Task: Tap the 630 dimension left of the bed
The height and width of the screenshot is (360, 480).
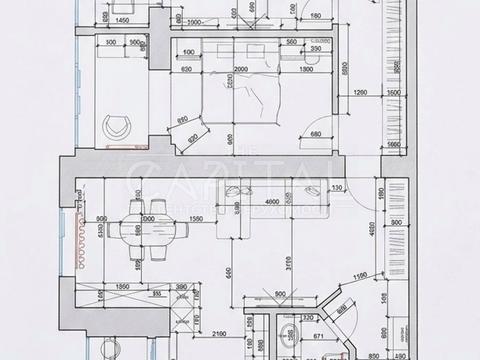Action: tap(186, 70)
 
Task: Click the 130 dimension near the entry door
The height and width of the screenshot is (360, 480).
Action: tap(337, 188)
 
